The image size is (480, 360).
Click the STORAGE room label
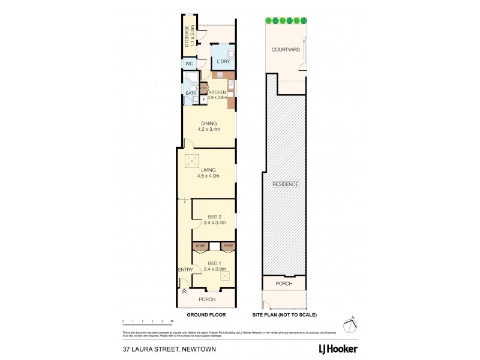point(188,36)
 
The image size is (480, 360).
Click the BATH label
point(190,93)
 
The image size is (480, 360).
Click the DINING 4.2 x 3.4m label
point(209,126)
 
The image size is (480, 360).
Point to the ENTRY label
point(185,269)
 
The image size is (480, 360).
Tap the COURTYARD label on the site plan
point(285,50)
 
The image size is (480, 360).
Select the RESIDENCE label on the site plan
point(285,184)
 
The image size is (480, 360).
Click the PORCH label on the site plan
point(284,283)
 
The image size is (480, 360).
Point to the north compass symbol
point(349,324)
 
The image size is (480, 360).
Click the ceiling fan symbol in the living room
point(192,160)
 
